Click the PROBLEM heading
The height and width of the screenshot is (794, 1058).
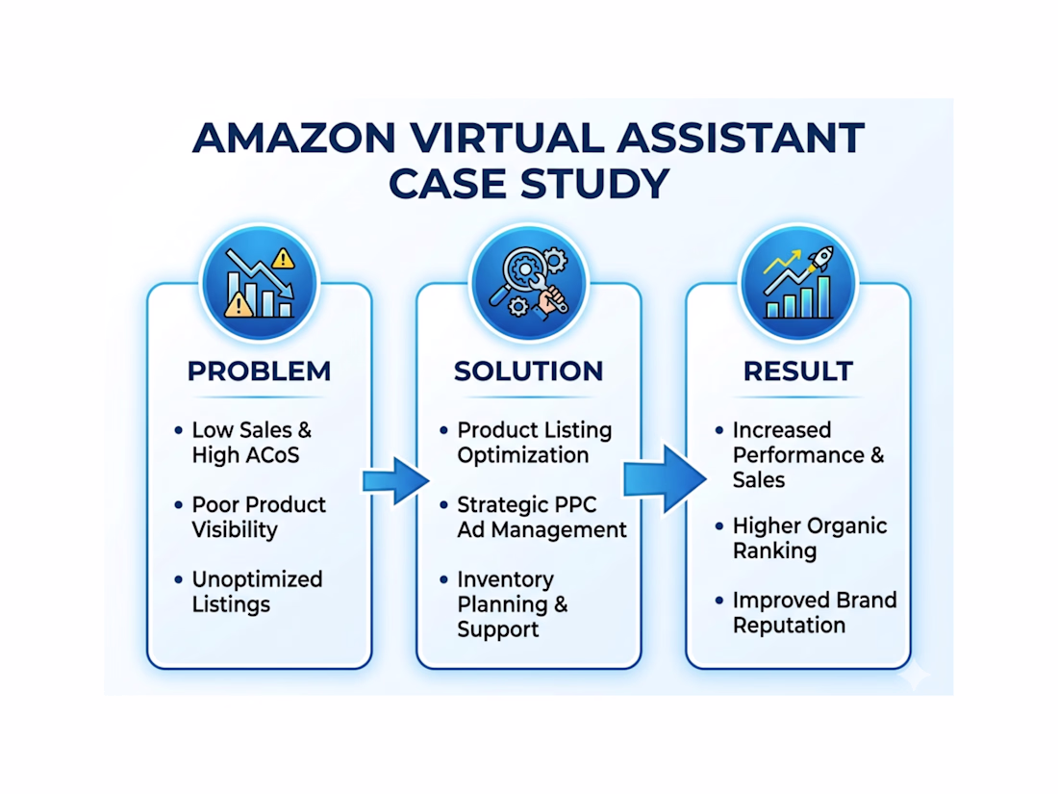click(x=259, y=371)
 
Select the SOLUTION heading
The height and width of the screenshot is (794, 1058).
click(x=528, y=371)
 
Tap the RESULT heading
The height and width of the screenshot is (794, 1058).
click(x=797, y=371)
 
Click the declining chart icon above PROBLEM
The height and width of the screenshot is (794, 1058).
click(x=259, y=283)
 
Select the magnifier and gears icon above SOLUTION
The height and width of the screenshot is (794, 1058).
click(x=528, y=283)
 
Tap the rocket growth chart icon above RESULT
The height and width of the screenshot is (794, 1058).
click(x=797, y=283)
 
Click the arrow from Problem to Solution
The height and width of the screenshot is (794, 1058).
click(x=394, y=478)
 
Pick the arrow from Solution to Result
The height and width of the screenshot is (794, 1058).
click(x=664, y=476)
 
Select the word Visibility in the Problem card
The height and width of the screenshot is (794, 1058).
click(x=234, y=529)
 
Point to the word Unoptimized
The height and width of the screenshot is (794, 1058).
click(x=257, y=579)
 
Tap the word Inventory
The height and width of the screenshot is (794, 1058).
click(x=505, y=579)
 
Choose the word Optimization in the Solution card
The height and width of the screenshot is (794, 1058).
click(x=522, y=455)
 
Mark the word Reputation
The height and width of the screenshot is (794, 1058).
click(x=789, y=626)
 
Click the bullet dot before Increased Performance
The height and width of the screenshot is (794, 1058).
click(x=718, y=430)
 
